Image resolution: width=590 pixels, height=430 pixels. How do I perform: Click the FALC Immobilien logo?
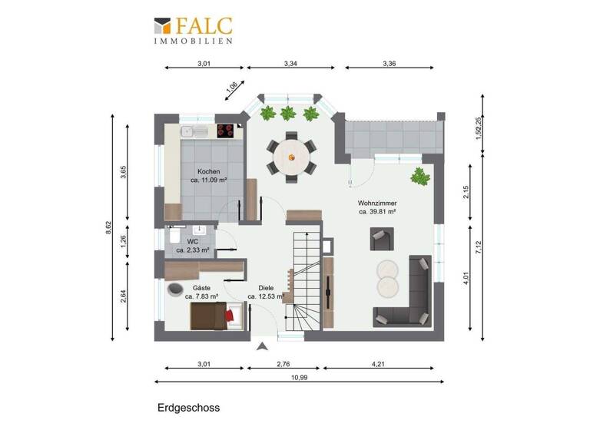click(x=193, y=29)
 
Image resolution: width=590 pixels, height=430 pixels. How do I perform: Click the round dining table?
click(x=290, y=157)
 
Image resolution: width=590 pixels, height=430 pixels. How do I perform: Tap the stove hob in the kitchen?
click(x=226, y=131)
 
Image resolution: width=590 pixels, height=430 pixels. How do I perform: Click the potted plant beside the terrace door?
click(x=419, y=176)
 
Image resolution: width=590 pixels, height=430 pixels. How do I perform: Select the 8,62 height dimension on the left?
click(x=108, y=227)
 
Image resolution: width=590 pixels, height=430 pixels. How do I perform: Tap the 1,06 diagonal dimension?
click(x=232, y=90)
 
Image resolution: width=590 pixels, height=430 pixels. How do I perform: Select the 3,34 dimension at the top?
click(x=292, y=63)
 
